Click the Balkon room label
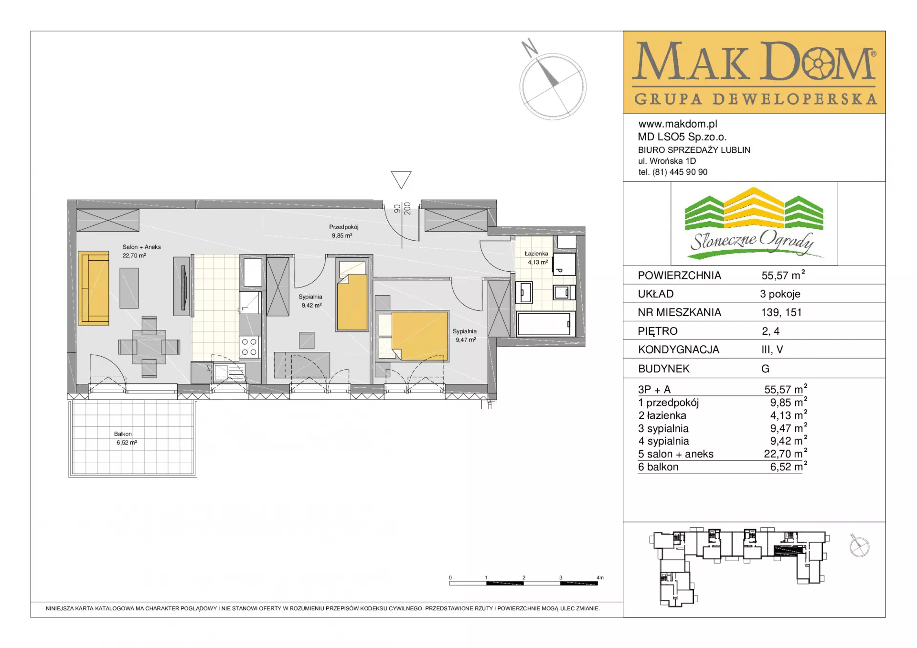[123, 434]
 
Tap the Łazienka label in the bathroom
[536, 254]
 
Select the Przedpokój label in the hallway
[343, 227]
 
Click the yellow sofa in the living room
[94, 288]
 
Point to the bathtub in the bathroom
[544, 324]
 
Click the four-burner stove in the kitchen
[249, 347]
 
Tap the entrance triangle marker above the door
[401, 180]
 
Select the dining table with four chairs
[149, 347]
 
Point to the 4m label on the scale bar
[600, 577]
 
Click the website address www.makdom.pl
[678, 124]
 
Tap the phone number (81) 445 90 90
[680, 172]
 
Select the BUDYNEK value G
[765, 369]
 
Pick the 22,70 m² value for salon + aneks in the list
[785, 454]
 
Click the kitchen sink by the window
[229, 372]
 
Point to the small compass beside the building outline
[859, 545]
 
